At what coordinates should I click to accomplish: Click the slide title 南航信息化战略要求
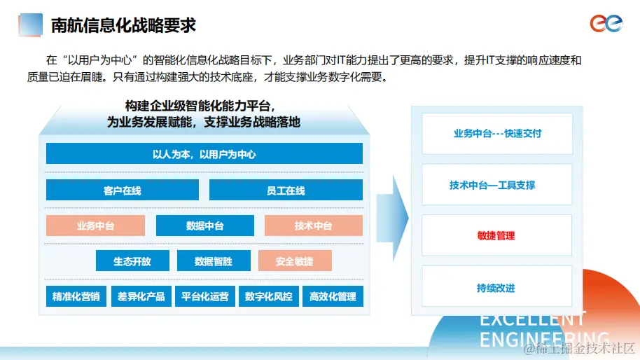coord(123,26)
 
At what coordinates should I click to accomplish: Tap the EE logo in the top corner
coord(605,25)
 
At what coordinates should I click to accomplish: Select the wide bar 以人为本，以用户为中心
coord(204,154)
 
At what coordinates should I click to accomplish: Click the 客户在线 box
coord(123,191)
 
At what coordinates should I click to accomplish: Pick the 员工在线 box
coord(286,191)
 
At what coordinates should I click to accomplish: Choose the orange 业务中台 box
coord(95,226)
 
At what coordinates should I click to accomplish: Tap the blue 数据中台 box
coord(204,226)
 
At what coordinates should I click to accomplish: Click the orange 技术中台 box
coord(313,226)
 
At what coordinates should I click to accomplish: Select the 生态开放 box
coord(132,261)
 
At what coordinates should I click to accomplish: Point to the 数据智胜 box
coord(214,261)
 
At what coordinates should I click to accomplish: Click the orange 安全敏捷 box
coord(295,261)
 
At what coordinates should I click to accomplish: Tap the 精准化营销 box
coord(76,296)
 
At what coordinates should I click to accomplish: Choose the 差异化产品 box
coord(141,296)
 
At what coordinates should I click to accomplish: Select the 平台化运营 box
coord(204,296)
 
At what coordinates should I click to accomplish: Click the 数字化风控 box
coord(269,296)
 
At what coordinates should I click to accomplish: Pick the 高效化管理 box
coord(333,296)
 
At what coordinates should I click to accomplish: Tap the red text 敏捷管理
coord(496,236)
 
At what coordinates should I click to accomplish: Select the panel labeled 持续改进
coord(496,287)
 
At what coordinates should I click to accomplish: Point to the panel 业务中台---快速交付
coord(497,134)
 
